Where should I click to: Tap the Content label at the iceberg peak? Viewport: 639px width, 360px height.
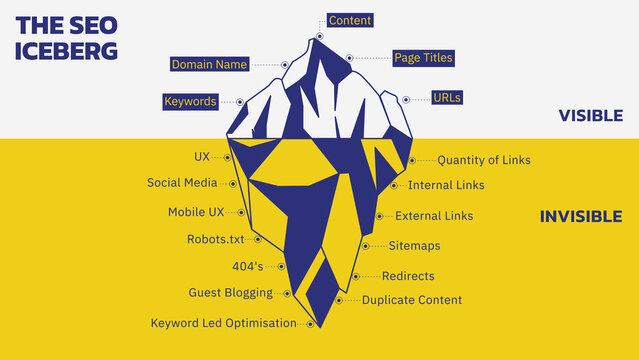point(349,20)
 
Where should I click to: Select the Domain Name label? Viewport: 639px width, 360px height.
point(209,64)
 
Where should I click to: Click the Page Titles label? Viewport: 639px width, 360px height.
point(423,58)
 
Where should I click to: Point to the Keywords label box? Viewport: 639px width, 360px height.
point(190,102)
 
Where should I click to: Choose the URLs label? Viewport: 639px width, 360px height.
point(446,98)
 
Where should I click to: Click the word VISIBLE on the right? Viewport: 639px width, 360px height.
point(591,116)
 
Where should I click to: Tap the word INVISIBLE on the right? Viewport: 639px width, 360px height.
point(582,217)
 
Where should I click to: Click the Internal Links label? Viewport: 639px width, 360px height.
point(446,185)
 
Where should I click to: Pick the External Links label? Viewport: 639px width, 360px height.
point(434,216)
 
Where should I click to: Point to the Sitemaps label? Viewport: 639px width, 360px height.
point(414,246)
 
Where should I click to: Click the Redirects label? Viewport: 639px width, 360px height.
point(408,276)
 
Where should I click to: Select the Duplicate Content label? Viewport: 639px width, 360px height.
point(412,300)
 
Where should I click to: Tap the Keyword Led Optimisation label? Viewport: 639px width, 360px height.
point(223,323)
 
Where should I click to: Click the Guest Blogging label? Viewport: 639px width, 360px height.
point(230,293)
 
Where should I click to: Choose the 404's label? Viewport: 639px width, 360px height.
point(247,266)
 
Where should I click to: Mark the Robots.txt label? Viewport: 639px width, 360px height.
point(215,239)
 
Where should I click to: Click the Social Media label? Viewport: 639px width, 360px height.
point(182,183)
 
